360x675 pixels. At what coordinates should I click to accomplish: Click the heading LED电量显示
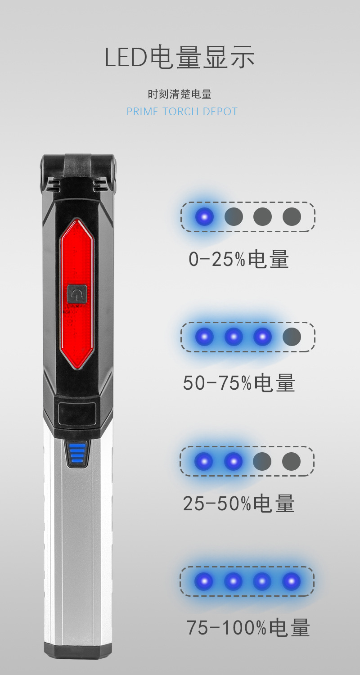(x=180, y=58)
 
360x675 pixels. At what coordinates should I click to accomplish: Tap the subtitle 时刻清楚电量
(x=180, y=94)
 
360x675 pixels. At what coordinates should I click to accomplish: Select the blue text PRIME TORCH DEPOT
(x=182, y=112)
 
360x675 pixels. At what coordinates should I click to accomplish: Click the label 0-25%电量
(x=238, y=260)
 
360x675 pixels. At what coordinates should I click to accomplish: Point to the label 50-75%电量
(x=239, y=383)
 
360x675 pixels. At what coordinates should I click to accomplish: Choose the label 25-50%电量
(x=238, y=504)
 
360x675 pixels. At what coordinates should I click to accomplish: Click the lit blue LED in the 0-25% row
(x=204, y=217)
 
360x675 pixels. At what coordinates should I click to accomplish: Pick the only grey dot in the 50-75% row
(x=292, y=337)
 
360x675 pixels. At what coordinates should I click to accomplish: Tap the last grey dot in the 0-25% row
(x=292, y=217)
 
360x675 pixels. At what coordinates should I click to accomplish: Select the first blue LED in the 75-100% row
(x=204, y=581)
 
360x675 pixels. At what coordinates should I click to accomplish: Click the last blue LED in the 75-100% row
(x=291, y=581)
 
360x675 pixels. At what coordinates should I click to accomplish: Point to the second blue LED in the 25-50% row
(x=233, y=461)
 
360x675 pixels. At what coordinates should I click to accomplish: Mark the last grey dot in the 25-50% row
(x=291, y=461)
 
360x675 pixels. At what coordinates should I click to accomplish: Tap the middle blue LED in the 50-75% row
(x=233, y=337)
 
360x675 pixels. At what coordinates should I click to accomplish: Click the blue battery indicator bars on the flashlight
(x=77, y=453)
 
